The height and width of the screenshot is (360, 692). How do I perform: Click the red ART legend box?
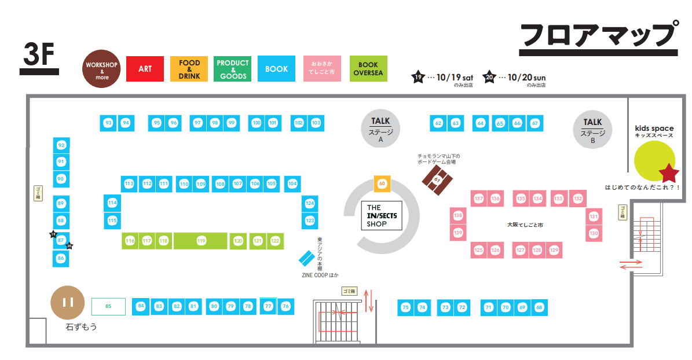pyautogui.click(x=145, y=69)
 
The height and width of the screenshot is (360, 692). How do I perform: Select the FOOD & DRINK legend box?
pyautogui.click(x=189, y=69)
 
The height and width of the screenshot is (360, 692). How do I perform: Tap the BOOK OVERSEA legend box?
pyautogui.click(x=368, y=69)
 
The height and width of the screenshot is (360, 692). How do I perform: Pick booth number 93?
pyautogui.click(x=108, y=123)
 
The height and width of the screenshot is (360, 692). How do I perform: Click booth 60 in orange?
pyautogui.click(x=382, y=183)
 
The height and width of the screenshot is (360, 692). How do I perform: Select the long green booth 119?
pyautogui.click(x=201, y=241)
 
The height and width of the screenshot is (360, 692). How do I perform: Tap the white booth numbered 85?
pyautogui.click(x=108, y=306)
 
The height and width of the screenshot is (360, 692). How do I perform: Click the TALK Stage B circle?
pyautogui.click(x=592, y=128)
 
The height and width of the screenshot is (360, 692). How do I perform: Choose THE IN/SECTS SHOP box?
pyautogui.click(x=381, y=216)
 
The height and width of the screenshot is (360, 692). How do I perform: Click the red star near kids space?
pyautogui.click(x=669, y=172)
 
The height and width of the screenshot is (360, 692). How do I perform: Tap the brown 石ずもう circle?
pyautogui.click(x=68, y=302)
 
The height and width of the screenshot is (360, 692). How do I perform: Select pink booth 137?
pyautogui.click(x=478, y=199)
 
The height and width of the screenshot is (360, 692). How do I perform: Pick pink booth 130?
pyautogui.click(x=594, y=233)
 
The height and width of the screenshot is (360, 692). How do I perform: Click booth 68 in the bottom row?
pyautogui.click(x=539, y=307)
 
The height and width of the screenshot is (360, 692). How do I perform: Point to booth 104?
pyautogui.click(x=292, y=183)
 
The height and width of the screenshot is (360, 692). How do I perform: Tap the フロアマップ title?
pyautogui.click(x=599, y=36)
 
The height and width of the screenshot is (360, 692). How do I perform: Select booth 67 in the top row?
pyautogui.click(x=535, y=123)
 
